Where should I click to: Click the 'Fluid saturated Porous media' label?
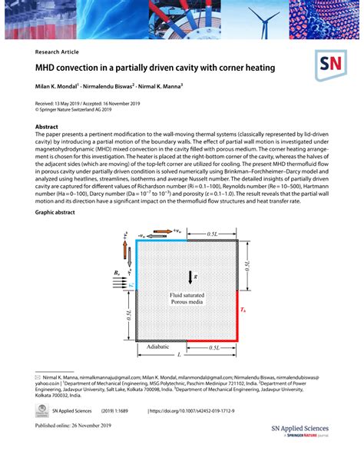(187, 297)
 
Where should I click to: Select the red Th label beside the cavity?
(244, 311)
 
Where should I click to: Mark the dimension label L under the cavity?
(179, 355)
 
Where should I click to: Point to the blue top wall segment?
(160, 240)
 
